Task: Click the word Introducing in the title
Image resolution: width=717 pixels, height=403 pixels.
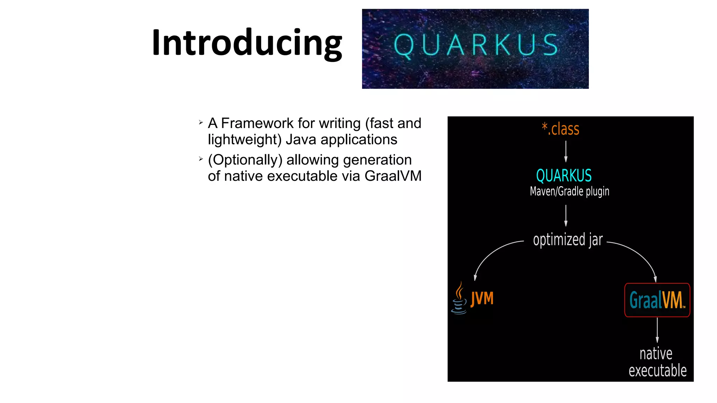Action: [247, 43]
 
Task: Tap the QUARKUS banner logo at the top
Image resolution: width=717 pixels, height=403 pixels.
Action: [475, 49]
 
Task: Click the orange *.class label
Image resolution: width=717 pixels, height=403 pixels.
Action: [561, 129]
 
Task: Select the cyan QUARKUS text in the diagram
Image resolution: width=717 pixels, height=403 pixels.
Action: [564, 176]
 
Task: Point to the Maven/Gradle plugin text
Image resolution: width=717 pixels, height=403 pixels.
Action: [569, 191]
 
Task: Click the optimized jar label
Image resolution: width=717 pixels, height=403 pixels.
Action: [568, 240]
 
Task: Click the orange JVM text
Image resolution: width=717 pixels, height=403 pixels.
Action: [482, 299]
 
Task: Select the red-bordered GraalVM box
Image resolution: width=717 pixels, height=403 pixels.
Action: [657, 300]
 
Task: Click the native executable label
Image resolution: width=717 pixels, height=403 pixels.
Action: [657, 362]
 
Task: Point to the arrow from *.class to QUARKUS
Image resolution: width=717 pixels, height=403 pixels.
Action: [566, 151]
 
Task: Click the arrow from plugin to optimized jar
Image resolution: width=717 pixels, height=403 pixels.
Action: [566, 215]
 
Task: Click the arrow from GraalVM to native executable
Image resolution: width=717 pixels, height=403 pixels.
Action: [657, 330]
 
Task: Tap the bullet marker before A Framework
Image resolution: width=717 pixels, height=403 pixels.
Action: [201, 122]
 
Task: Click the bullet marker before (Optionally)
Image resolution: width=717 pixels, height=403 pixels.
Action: [201, 159]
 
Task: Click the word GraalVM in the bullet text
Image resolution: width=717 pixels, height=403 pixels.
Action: [393, 176]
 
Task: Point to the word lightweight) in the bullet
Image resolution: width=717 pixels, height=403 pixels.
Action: [244, 140]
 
